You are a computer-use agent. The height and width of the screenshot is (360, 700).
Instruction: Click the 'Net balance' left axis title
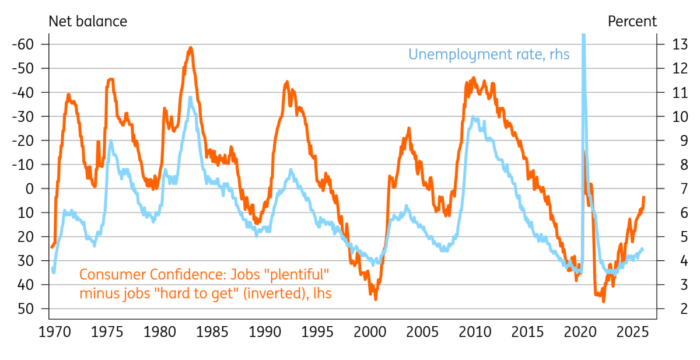click(88, 22)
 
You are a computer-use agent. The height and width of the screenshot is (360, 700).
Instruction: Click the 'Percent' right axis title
click(632, 22)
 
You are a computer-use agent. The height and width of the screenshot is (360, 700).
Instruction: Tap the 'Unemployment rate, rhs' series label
click(489, 55)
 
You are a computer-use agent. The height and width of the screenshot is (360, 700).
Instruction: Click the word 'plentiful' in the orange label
click(296, 274)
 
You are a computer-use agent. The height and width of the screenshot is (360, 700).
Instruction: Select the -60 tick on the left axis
click(23, 44)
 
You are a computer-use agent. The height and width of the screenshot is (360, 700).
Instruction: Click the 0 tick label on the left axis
click(29, 188)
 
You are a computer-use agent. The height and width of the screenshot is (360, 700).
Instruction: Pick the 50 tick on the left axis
click(25, 309)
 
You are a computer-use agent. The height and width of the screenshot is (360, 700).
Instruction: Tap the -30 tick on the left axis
click(23, 117)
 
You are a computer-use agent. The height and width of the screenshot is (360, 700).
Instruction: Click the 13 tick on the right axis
click(680, 44)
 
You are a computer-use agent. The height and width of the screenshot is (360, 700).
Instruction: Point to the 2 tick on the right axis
click(684, 309)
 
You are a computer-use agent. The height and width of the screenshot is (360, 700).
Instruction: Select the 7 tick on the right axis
click(684, 188)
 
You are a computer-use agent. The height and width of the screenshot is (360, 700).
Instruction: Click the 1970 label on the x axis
click(55, 332)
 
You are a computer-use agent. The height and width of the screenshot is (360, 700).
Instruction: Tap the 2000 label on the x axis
click(370, 332)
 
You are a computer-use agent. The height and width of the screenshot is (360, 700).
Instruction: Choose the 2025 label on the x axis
click(632, 332)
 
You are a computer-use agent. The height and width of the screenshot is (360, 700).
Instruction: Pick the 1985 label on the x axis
click(212, 332)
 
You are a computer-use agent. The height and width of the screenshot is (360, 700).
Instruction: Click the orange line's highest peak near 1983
click(191, 48)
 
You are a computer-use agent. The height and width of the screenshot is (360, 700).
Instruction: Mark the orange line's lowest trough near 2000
click(375, 299)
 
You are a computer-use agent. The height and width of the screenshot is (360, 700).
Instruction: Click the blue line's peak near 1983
click(190, 97)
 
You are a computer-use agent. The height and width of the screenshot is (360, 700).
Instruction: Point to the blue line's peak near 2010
click(473, 117)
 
